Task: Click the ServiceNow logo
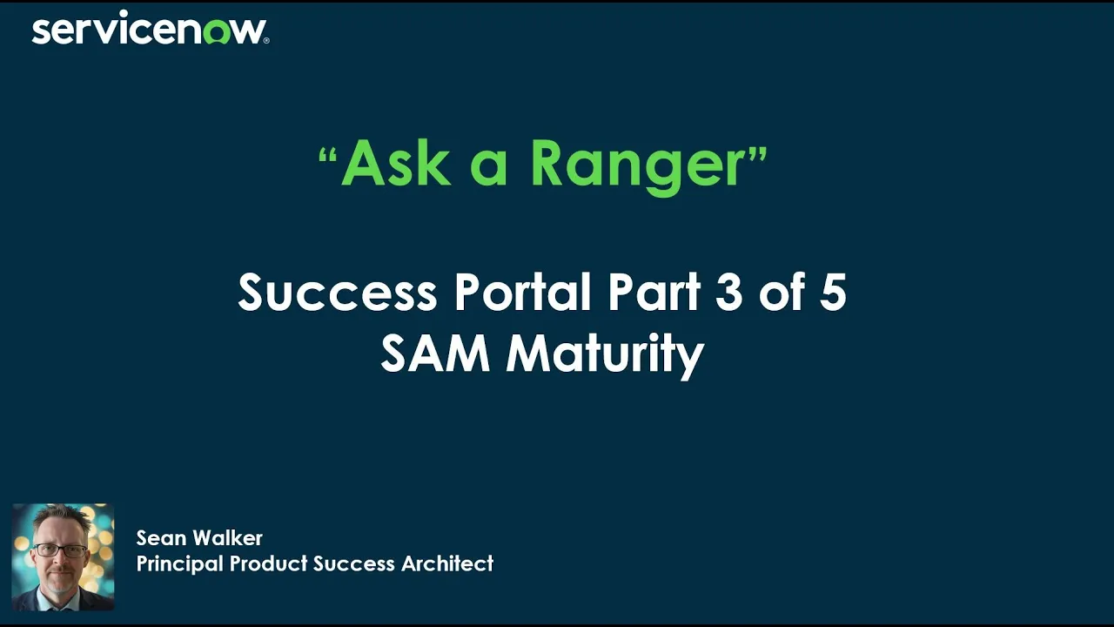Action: pyautogui.click(x=150, y=30)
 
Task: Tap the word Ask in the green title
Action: pyautogui.click(x=395, y=163)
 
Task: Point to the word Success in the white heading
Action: pyautogui.click(x=337, y=293)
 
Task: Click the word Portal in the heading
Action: pyautogui.click(x=524, y=293)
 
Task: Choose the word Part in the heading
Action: pyautogui.click(x=654, y=293)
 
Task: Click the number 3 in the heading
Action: pyautogui.click(x=729, y=293)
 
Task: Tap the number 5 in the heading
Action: pyautogui.click(x=832, y=293)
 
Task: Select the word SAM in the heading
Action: pyautogui.click(x=435, y=354)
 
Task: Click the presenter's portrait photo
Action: pyautogui.click(x=63, y=557)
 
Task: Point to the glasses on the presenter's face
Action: pyautogui.click(x=61, y=551)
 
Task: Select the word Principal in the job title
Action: pyautogui.click(x=179, y=564)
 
